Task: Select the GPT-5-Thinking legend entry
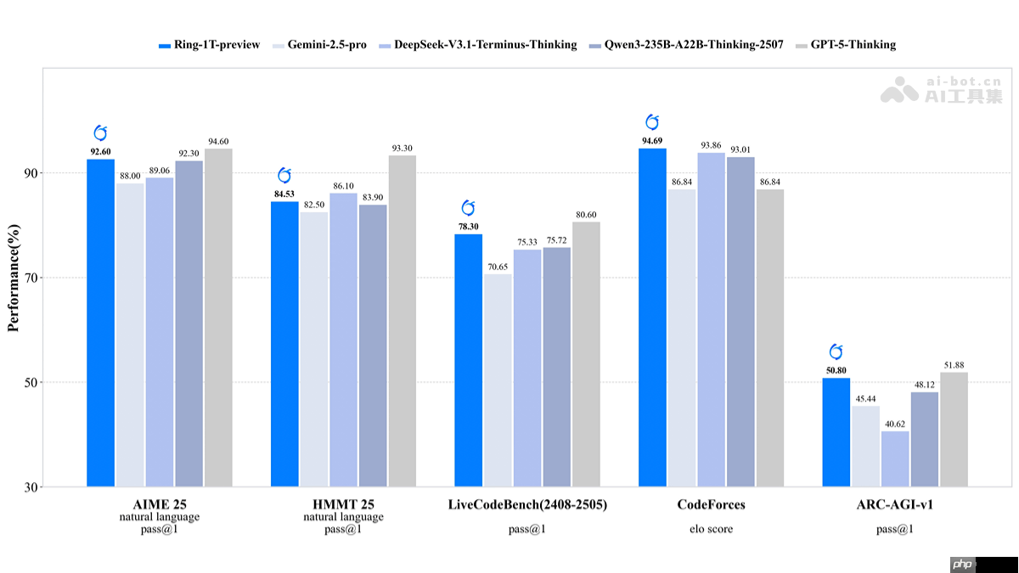pos(844,44)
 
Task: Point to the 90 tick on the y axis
pos(31,173)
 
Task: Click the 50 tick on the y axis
pos(31,383)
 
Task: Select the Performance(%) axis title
pos(14,278)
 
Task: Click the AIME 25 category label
pos(160,505)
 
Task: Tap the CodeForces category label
pos(711,505)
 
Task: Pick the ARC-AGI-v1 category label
pos(895,505)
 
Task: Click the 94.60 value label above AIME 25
pos(217,142)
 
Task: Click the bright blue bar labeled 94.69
pos(652,317)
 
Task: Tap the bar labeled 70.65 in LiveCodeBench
pos(498,380)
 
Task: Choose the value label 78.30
pos(468,227)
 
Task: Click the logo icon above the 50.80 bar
pos(836,351)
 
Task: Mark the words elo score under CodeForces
pos(711,529)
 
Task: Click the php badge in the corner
pos(961,565)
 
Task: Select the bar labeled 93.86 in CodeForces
pos(711,319)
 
